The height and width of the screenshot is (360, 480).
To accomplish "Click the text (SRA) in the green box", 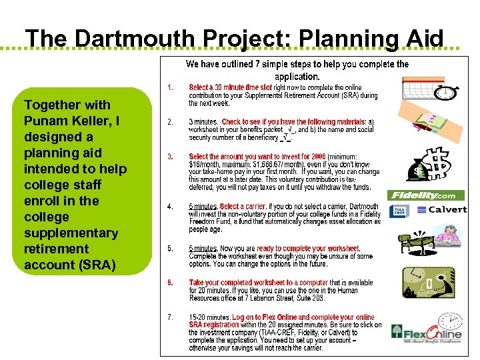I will (92, 265).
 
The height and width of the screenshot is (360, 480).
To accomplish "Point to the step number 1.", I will (171, 87).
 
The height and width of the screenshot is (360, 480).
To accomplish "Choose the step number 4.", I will (171, 207).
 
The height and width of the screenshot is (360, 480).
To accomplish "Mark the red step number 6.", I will (171, 282).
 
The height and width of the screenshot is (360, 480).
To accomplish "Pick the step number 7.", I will (171, 317).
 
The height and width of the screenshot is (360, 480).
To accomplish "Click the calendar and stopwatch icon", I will (430, 89).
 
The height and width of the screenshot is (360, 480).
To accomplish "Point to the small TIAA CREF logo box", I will (402, 210).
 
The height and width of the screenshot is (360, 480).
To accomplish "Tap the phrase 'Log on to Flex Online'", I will (265, 317).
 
